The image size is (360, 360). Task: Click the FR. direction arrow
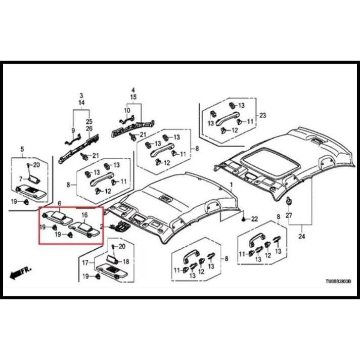point(20,272)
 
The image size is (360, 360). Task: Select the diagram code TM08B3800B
point(338,281)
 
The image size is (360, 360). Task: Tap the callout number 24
point(302,236)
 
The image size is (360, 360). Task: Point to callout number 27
point(289,215)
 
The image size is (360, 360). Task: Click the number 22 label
point(254,219)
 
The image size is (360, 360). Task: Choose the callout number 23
point(262,115)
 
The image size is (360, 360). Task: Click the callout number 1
point(232,185)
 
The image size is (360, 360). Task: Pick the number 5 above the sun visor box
point(22,149)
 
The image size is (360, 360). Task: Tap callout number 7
point(21,178)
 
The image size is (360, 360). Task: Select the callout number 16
point(84,215)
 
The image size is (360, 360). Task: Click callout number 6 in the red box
point(60,203)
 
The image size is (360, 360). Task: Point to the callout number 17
point(85,262)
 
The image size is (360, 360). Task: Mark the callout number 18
point(126,261)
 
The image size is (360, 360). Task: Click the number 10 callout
point(127,110)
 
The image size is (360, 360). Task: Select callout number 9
point(73,130)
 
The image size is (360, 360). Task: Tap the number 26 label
point(89,128)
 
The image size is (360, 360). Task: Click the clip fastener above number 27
point(288,201)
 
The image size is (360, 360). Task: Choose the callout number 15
point(133,97)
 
